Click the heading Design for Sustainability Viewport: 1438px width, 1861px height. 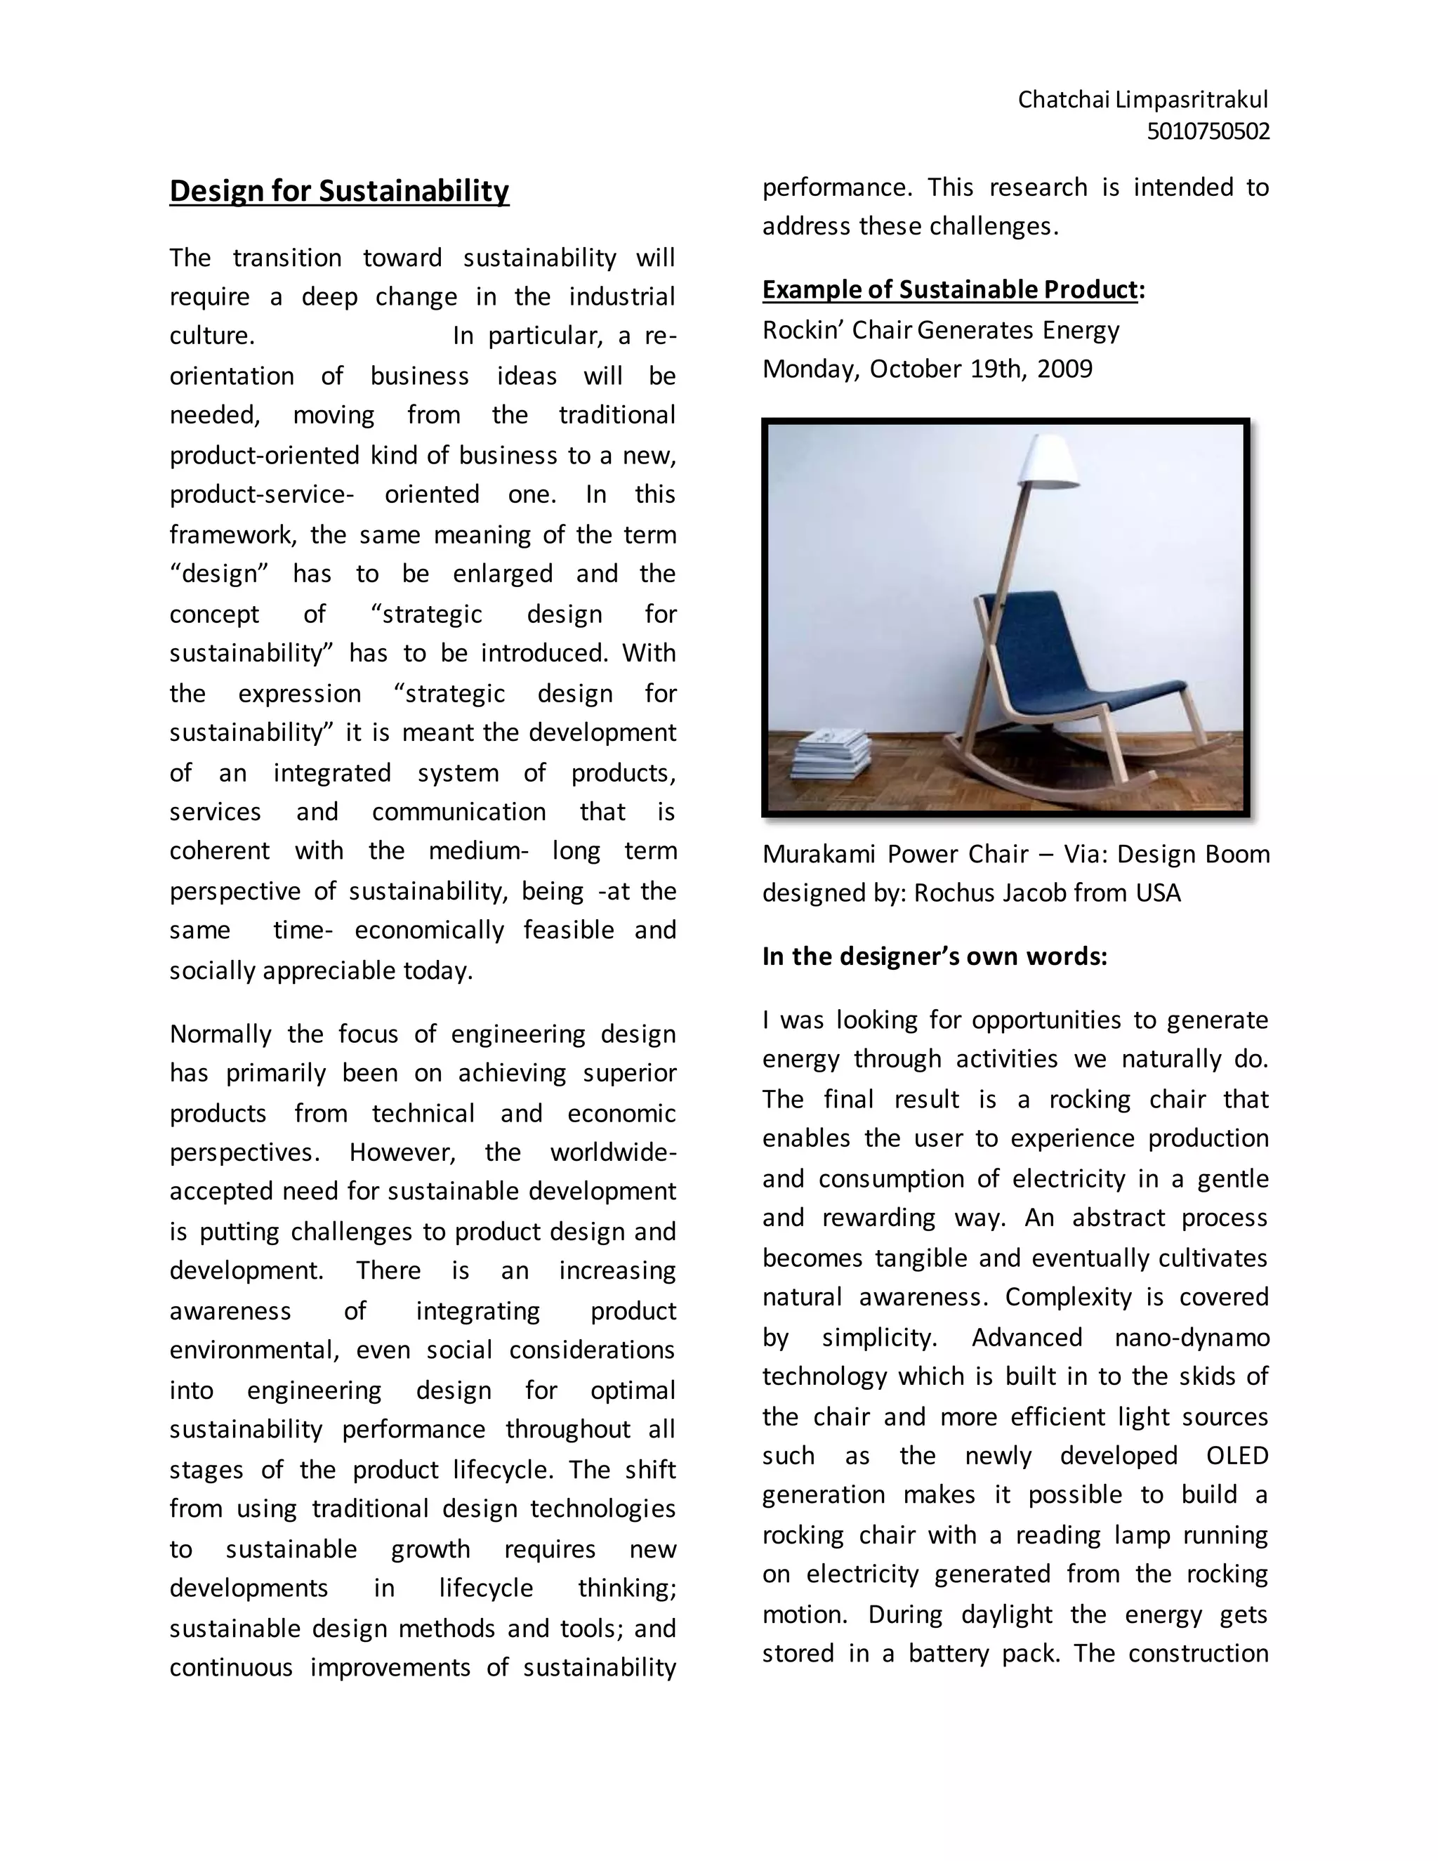[339, 191]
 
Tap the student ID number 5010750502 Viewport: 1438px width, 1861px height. [1207, 132]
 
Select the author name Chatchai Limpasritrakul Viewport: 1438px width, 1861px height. [1142, 100]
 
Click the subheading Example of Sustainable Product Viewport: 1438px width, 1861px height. [950, 290]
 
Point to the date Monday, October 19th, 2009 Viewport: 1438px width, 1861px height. [927, 369]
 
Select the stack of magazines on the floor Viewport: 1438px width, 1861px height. [832, 754]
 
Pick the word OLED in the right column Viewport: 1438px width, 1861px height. [1237, 1455]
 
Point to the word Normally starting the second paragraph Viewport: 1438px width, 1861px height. [220, 1034]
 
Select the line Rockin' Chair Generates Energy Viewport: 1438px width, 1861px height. [940, 330]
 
